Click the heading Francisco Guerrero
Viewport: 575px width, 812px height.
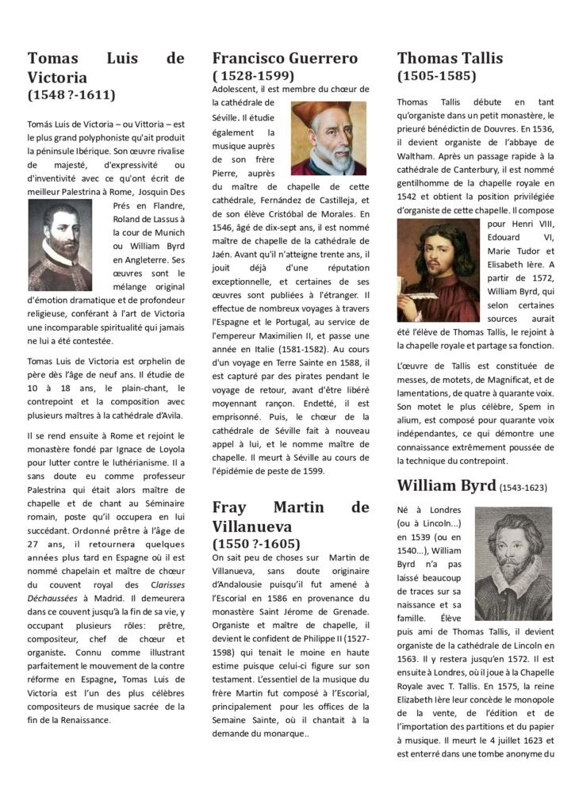pos(285,58)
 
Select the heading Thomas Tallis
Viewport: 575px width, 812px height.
pos(450,58)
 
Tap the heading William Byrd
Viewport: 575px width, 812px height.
pos(446,485)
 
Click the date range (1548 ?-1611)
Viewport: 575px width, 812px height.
pos(71,95)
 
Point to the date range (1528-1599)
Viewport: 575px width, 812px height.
pos(254,76)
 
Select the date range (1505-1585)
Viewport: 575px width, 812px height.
pos(437,76)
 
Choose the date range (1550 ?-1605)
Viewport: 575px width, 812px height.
pos(256,544)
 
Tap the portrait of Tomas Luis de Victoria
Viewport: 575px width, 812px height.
pos(60,245)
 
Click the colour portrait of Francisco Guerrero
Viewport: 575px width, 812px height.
pos(328,138)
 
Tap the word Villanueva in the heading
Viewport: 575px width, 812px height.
pos(252,526)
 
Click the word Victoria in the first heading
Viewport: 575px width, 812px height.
pos(57,78)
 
